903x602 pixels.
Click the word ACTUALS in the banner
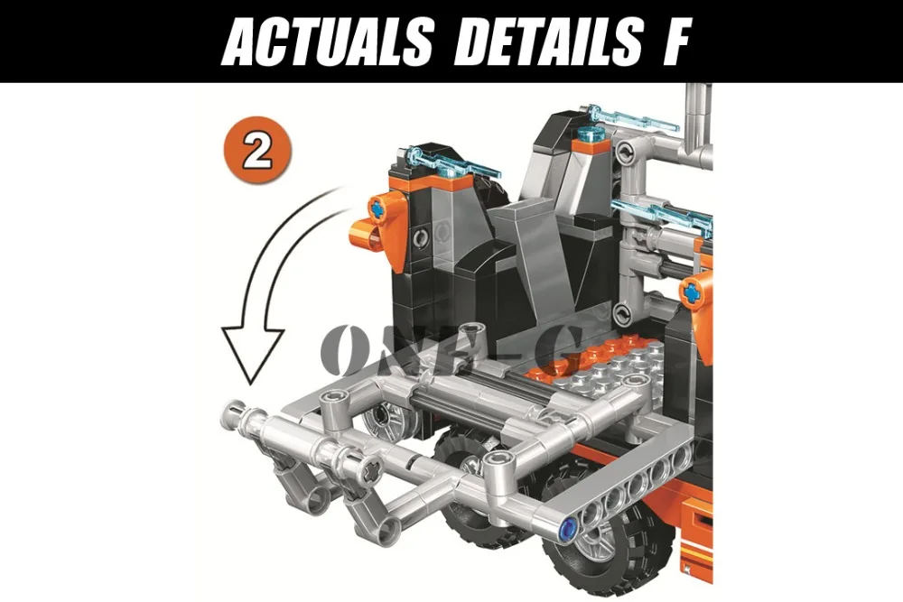(x=327, y=42)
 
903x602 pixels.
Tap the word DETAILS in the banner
(x=548, y=42)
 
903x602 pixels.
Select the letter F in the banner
(x=674, y=42)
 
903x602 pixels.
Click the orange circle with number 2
(x=257, y=150)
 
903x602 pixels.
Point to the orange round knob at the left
(x=364, y=233)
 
